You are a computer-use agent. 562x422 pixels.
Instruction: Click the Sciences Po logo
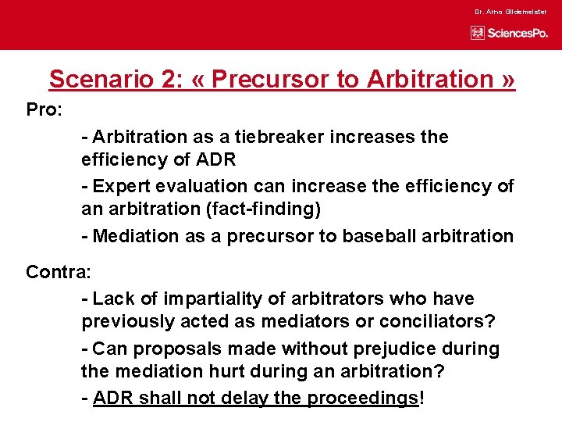click(509, 33)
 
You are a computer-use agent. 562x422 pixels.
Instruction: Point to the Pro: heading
click(44, 109)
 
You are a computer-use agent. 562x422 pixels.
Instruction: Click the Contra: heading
click(59, 272)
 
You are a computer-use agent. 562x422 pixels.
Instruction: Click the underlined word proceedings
click(362, 397)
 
